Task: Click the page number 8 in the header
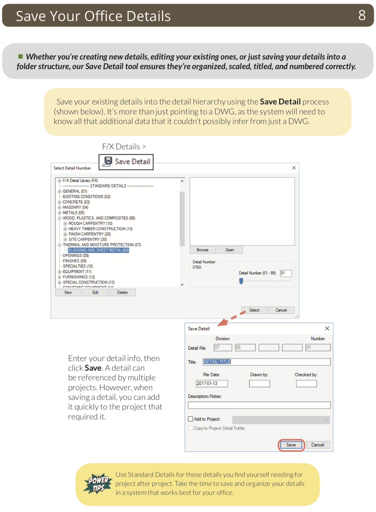pyautogui.click(x=362, y=15)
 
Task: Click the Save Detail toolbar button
pyautogui.click(x=126, y=162)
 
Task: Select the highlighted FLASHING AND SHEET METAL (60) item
pyautogui.click(x=98, y=250)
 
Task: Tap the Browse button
pyautogui.click(x=202, y=250)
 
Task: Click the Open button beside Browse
pyautogui.click(x=229, y=250)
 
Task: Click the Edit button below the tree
pyautogui.click(x=95, y=293)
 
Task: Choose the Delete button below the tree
pyautogui.click(x=122, y=293)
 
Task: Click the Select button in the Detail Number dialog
pyautogui.click(x=254, y=310)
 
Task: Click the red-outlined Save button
pyautogui.click(x=291, y=445)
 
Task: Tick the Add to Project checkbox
pyautogui.click(x=191, y=419)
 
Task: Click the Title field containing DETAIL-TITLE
pyautogui.click(x=266, y=362)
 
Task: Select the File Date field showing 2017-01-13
pyautogui.click(x=212, y=384)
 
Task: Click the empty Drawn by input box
pyautogui.click(x=259, y=384)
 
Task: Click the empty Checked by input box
pyautogui.click(x=306, y=384)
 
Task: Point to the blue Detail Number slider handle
pyautogui.click(x=241, y=281)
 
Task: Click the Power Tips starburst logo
pyautogui.click(x=98, y=484)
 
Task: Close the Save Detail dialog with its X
pyautogui.click(x=327, y=329)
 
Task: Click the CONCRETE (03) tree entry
pyautogui.click(x=76, y=202)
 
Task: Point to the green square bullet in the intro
pyautogui.click(x=21, y=56)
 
